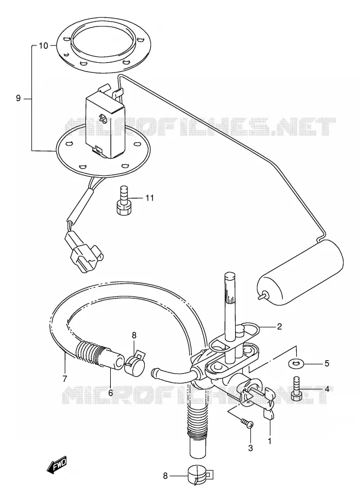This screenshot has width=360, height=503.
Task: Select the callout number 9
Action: tap(18, 98)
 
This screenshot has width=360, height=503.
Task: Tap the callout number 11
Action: tap(149, 198)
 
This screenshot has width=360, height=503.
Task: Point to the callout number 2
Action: tap(279, 327)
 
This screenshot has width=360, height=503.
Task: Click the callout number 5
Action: tap(326, 363)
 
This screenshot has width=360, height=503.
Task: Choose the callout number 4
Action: tap(326, 389)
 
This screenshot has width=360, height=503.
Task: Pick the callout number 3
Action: tap(250, 448)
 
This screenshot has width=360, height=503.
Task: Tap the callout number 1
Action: tap(270, 441)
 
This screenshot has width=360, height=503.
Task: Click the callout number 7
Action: tap(65, 379)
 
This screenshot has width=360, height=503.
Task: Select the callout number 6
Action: tap(111, 392)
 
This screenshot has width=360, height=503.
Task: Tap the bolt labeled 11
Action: tap(123, 201)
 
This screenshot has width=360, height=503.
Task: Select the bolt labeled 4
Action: tap(296, 388)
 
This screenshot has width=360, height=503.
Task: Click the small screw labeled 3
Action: tap(248, 423)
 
